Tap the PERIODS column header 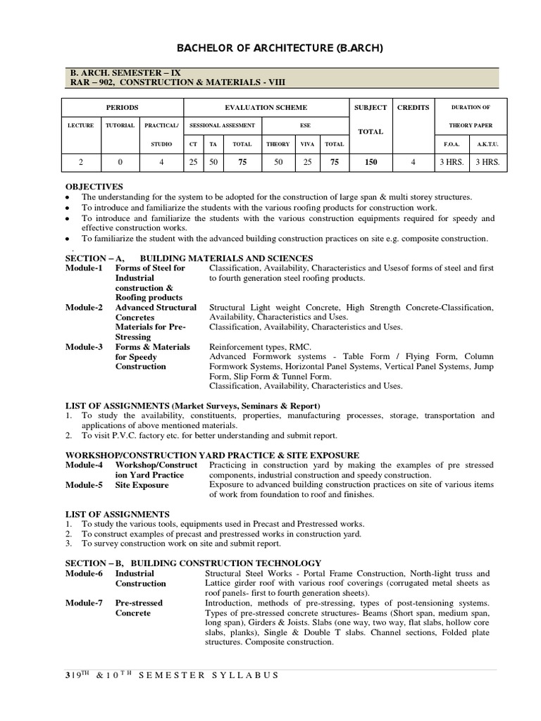[x=122, y=107]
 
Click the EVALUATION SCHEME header [x=266, y=107]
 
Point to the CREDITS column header [x=413, y=107]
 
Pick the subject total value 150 [x=371, y=162]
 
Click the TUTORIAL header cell [x=120, y=125]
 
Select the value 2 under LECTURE [x=80, y=162]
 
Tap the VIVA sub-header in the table [x=307, y=144]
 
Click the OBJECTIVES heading [x=94, y=187]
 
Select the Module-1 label [x=84, y=268]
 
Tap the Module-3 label [x=84, y=347]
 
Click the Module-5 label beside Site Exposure [x=84, y=485]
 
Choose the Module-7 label [x=84, y=603]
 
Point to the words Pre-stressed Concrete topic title [x=138, y=608]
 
